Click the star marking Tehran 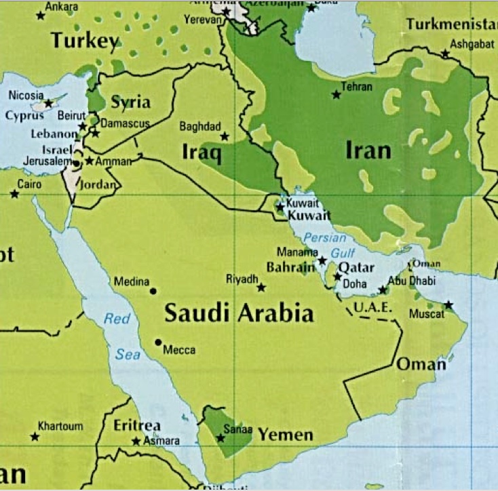(336, 95)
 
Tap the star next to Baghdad (225, 136)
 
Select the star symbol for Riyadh (261, 288)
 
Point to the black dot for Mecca (158, 342)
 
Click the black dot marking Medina (153, 291)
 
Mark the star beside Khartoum (35, 437)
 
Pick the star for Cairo (14, 194)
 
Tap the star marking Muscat (448, 305)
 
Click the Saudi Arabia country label (240, 313)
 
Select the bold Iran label (368, 150)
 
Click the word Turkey (85, 41)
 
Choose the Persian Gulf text (325, 244)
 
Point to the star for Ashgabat (445, 53)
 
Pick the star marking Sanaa (221, 438)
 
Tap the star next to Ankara (40, 15)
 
